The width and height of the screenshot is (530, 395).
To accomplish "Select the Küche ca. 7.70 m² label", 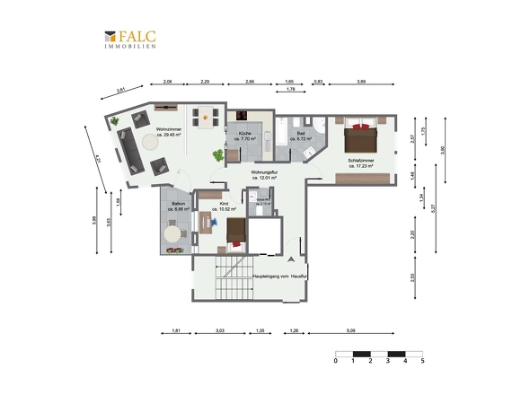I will click(244, 137).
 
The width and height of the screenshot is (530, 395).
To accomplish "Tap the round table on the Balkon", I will click(172, 233).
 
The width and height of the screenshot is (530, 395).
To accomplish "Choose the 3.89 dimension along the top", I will click(359, 82).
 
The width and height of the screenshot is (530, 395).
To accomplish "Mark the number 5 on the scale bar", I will click(422, 362).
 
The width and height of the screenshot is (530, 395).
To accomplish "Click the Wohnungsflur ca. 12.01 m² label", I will click(267, 174).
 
